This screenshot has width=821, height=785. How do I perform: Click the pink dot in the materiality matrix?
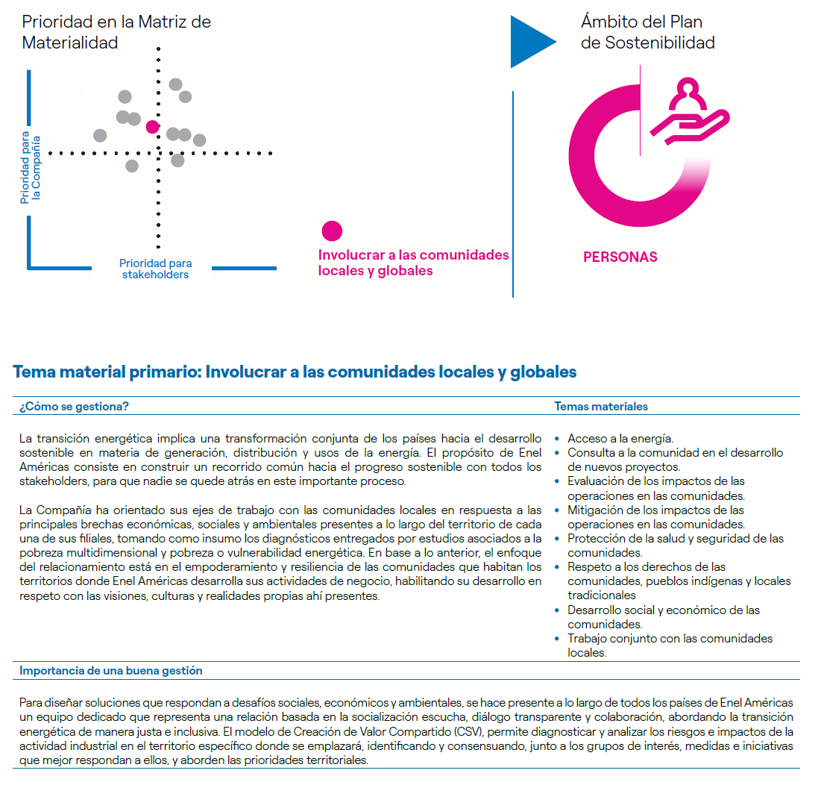[x=152, y=127]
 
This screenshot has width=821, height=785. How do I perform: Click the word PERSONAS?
[x=620, y=257]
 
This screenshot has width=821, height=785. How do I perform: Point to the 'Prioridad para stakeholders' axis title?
[x=155, y=269]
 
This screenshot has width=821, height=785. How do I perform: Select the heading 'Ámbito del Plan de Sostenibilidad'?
[x=647, y=32]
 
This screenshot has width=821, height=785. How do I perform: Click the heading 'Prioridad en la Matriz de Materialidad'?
[x=116, y=32]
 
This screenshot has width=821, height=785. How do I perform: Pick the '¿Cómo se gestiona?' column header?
[x=74, y=407]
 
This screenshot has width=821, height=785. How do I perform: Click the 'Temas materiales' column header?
[x=601, y=407]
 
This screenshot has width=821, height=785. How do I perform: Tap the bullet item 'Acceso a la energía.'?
[x=620, y=439]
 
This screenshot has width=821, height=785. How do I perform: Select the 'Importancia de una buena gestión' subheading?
[x=110, y=671]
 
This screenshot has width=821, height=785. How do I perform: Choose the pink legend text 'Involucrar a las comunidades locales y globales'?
[x=413, y=263]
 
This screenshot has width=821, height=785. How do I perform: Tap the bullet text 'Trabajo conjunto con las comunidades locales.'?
[x=669, y=645]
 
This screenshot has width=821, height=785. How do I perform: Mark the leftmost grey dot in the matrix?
[x=100, y=135]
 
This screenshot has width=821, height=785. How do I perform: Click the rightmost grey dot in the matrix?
[x=199, y=140]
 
